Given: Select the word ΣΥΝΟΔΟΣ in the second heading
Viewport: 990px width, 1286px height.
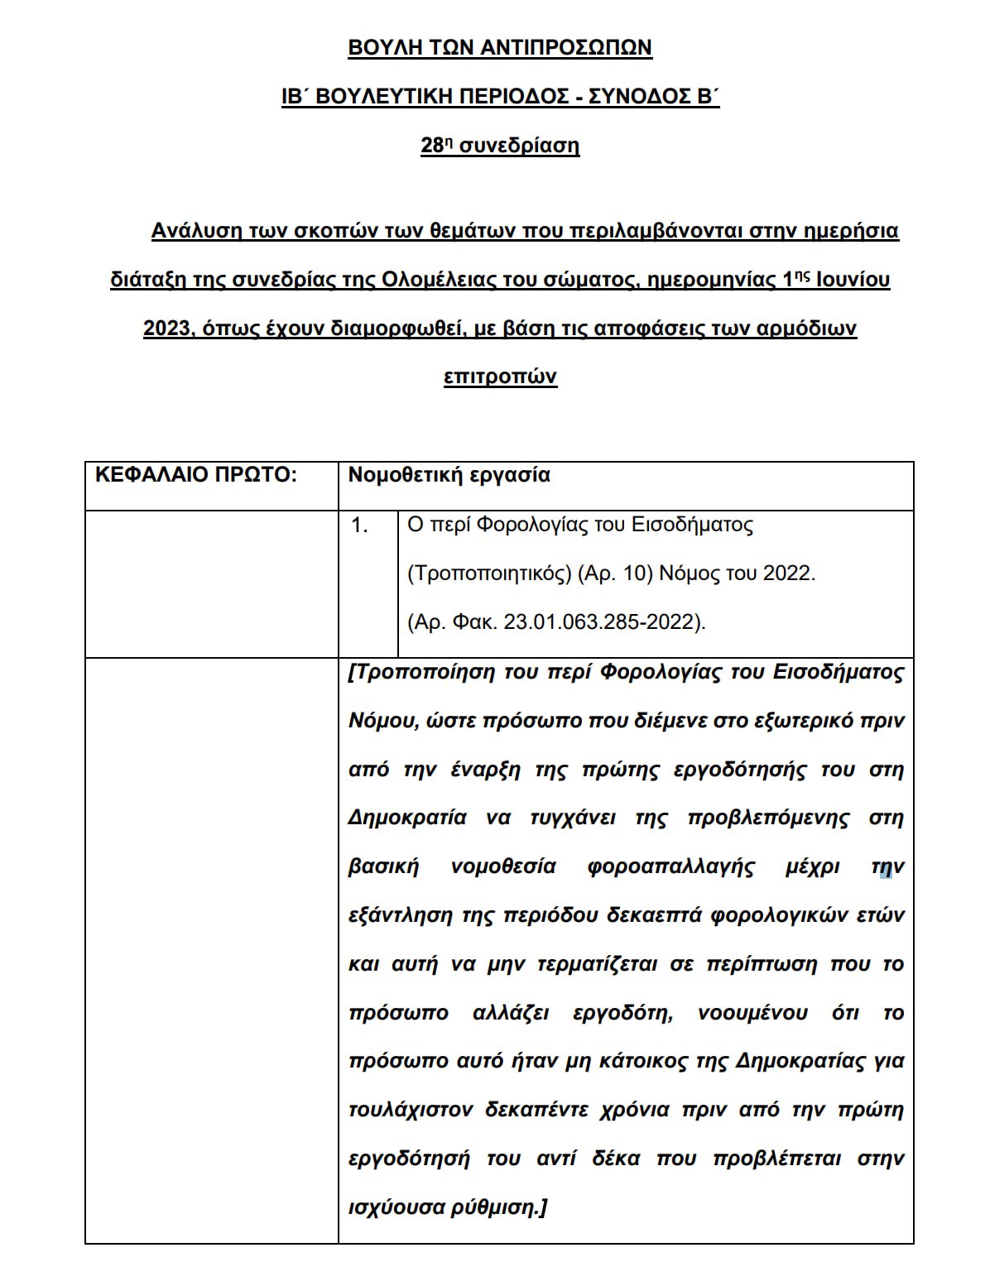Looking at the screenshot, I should [x=627, y=97].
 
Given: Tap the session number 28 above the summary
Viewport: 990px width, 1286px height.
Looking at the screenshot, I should [x=432, y=146].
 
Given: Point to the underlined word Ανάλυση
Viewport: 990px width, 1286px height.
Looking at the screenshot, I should [x=195, y=230].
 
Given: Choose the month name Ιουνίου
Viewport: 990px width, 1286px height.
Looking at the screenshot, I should [x=853, y=280].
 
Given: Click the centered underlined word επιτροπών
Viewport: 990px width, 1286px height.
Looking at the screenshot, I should [x=500, y=377].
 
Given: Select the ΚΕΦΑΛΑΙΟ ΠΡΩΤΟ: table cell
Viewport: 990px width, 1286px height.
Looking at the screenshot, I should [x=195, y=475].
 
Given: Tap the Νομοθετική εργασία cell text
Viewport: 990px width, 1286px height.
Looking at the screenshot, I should [x=449, y=475].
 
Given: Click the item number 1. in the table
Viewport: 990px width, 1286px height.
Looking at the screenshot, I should [x=360, y=525].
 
